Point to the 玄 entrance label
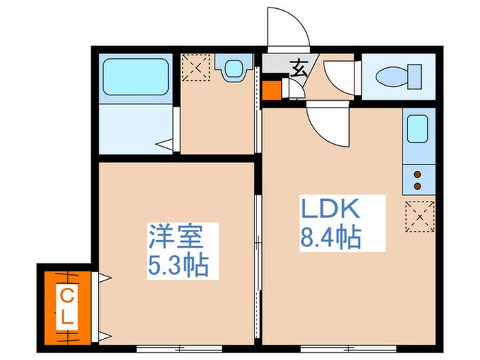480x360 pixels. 299,68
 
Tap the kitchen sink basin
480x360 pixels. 418,128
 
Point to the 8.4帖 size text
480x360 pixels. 330,238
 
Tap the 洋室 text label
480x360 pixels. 176,239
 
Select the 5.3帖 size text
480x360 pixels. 177,265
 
